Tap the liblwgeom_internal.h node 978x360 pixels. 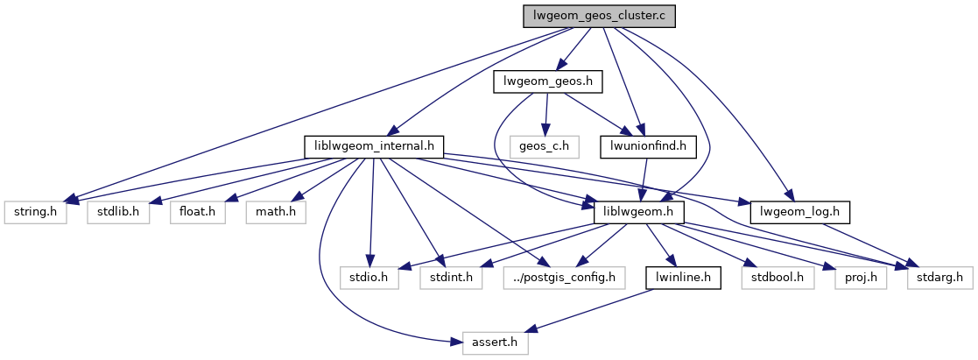click(x=374, y=146)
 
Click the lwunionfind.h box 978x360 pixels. click(x=648, y=146)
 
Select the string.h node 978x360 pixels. click(x=36, y=212)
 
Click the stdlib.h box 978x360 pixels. click(x=118, y=212)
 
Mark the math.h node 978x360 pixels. click(x=277, y=212)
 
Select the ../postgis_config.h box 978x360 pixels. click(x=565, y=278)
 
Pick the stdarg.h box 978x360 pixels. click(x=940, y=278)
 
